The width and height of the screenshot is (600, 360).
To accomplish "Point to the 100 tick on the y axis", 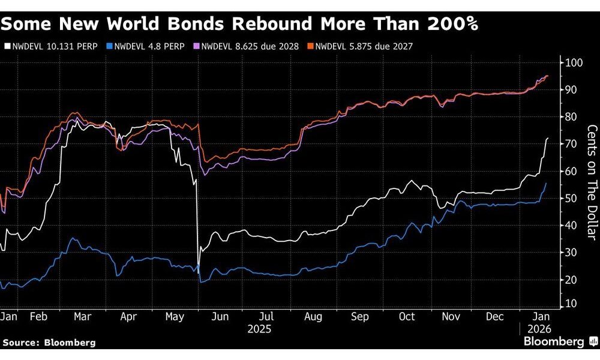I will pos(573,63).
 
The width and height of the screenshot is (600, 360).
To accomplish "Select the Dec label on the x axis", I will pos(496,317).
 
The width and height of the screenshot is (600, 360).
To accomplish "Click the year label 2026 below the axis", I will pos(538,329).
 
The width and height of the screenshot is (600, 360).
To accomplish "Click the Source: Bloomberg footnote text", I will pos(49,342).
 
